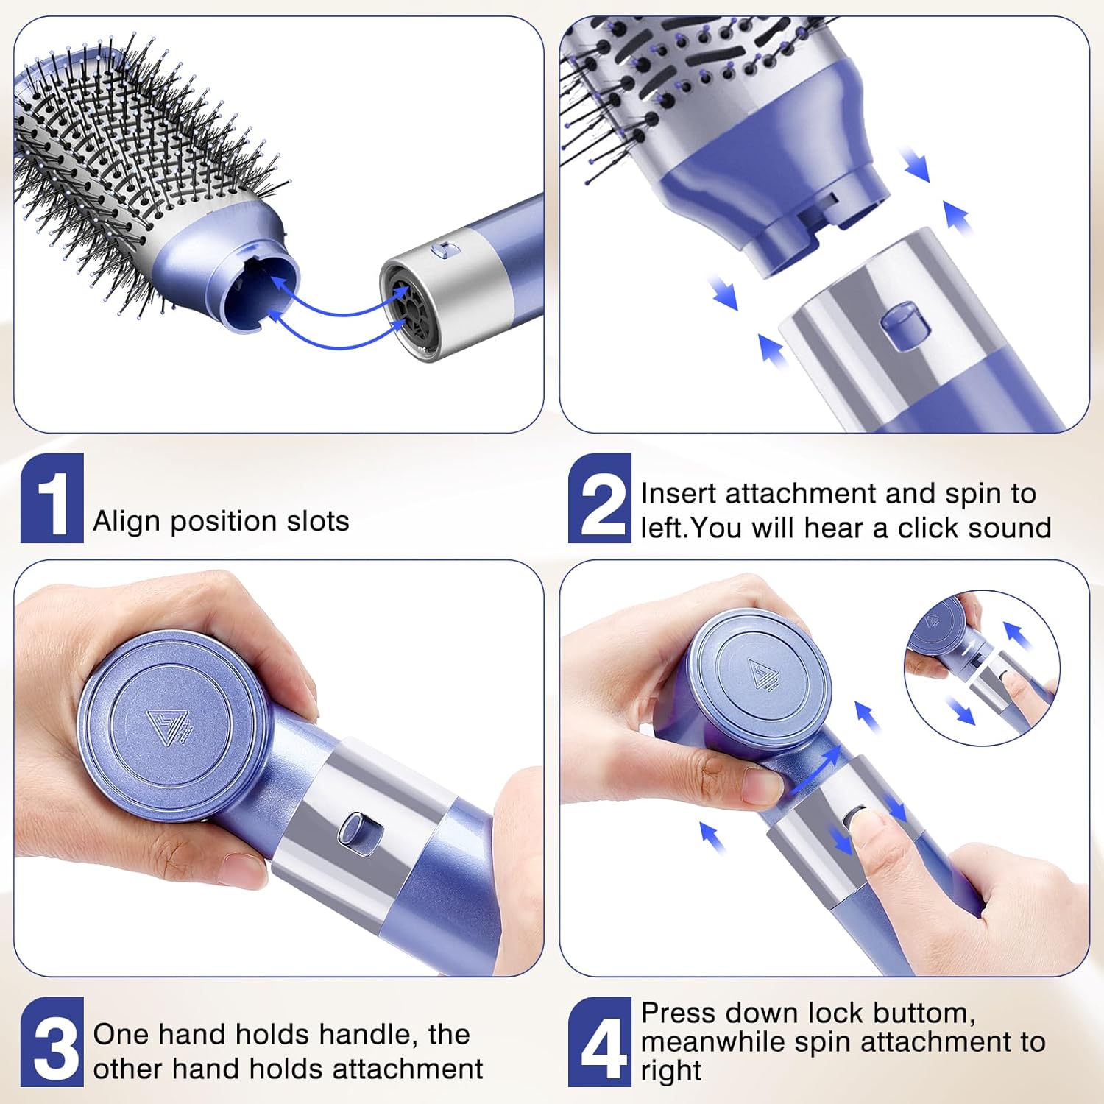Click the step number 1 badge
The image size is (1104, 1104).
point(52,498)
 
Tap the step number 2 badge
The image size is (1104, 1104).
point(600,498)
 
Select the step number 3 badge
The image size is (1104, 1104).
point(52,1041)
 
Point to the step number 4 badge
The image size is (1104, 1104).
point(600,1041)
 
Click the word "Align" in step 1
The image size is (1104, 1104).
point(127,521)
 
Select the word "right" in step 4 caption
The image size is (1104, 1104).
point(670,1071)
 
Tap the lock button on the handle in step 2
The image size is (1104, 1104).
point(899,326)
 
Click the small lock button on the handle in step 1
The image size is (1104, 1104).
point(446,251)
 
